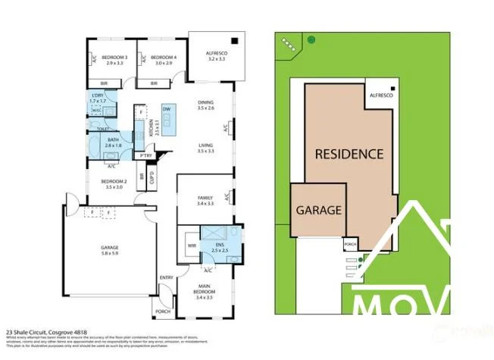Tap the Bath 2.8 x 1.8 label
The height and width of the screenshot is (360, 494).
(x=113, y=141)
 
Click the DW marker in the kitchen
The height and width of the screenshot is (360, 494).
(x=167, y=110)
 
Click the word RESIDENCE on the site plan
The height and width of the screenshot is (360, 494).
(x=349, y=154)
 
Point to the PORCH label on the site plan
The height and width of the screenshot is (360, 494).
(x=350, y=245)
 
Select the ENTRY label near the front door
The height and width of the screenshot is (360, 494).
(x=166, y=277)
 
